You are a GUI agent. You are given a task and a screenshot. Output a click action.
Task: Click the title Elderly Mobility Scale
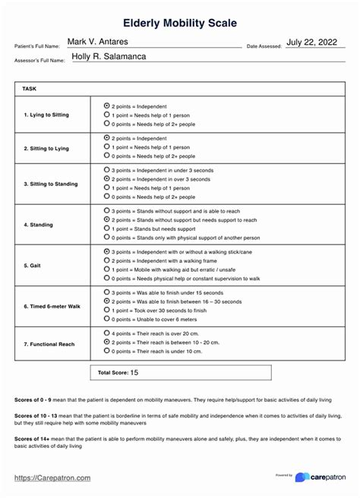coord(180,24)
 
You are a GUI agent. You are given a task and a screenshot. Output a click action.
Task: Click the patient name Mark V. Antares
coord(98,41)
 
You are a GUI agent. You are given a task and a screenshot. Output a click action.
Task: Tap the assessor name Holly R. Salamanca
coord(109,56)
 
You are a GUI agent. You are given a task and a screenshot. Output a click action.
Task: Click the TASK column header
coord(30,89)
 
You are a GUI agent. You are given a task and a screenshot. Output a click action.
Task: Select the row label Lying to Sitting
coord(46,115)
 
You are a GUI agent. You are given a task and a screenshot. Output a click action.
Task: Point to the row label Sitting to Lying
coord(46,149)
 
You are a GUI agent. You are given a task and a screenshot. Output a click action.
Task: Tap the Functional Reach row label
coord(49,344)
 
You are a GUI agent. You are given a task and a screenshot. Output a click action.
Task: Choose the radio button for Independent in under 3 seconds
coord(106,171)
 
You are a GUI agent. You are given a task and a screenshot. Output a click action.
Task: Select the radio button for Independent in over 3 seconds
coord(106,179)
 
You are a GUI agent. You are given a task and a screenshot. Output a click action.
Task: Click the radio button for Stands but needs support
coord(106,228)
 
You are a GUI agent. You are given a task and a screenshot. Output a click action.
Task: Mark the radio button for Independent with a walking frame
coord(106,260)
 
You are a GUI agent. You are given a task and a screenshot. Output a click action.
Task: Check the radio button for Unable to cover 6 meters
coord(106,319)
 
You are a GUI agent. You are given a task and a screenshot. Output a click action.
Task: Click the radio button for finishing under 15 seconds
coord(106,292)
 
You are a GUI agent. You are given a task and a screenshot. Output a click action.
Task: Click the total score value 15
coord(134,373)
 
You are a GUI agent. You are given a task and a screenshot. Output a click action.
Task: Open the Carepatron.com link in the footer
coord(53,478)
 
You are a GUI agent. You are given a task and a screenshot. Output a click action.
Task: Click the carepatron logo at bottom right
coord(320,477)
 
